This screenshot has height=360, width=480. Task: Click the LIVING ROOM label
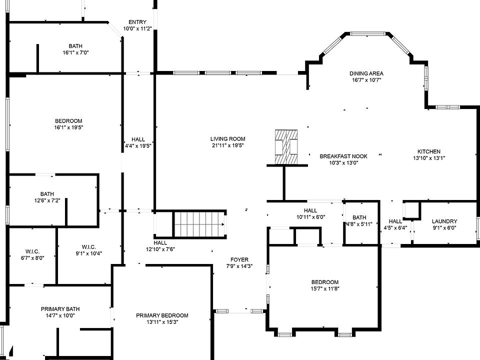228,138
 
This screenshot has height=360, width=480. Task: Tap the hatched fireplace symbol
286,147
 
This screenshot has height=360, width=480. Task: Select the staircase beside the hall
200,224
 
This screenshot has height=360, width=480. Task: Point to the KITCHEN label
429,151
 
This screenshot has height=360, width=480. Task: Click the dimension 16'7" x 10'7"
366,80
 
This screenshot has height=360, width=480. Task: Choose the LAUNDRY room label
444,221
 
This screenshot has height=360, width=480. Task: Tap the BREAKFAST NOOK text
343,156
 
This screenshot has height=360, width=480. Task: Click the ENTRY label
137,22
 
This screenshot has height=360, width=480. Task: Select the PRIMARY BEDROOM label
162,315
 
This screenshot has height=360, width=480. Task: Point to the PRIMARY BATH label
60,309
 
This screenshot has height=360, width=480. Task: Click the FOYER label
239,259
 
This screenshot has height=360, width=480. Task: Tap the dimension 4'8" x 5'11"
359,224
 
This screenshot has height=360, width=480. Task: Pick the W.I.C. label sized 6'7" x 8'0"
32,251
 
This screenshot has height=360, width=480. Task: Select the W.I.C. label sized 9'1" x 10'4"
89,247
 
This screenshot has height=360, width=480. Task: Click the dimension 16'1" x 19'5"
69,127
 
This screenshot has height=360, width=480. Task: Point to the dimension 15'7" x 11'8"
325,288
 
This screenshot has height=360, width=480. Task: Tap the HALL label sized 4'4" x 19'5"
138,139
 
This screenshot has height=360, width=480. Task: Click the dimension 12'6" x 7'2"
47,201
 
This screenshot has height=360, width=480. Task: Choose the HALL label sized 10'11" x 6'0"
310,210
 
